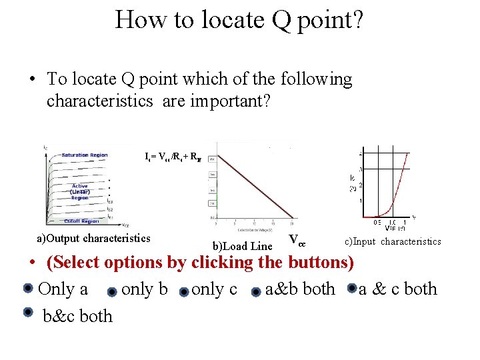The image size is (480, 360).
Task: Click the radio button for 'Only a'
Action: point(27,289)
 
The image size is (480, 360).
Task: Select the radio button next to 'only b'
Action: point(112,291)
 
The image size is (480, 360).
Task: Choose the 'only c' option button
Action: point(183,291)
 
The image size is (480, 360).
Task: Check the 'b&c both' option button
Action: point(27,311)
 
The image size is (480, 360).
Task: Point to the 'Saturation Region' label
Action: point(84,155)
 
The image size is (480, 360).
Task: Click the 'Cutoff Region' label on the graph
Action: point(83,220)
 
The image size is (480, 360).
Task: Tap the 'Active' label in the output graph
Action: point(80,186)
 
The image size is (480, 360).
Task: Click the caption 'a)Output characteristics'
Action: point(93,239)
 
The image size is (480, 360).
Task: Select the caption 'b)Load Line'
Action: point(242,247)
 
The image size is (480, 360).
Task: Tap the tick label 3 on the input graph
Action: point(361,170)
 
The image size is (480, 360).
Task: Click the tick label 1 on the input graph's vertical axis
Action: point(361,200)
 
